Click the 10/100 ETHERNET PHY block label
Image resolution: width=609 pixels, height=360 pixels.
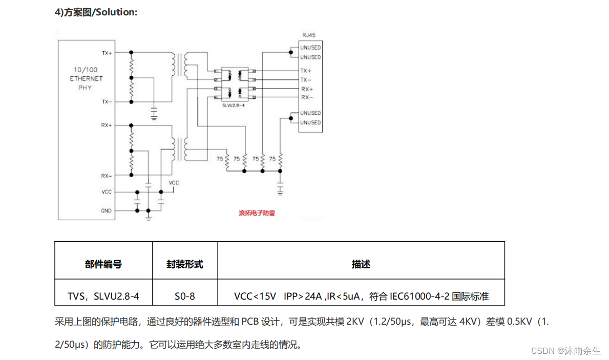(x=86, y=79)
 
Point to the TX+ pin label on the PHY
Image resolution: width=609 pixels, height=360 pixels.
(x=107, y=53)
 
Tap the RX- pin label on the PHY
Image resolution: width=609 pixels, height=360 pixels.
(x=107, y=176)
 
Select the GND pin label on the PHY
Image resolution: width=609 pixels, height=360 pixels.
(x=106, y=210)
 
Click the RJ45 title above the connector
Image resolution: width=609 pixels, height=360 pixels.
(x=309, y=35)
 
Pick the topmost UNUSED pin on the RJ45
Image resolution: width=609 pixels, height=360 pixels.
(x=310, y=48)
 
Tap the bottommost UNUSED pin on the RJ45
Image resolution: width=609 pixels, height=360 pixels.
(x=310, y=122)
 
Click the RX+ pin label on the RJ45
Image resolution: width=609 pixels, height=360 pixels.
(x=307, y=89)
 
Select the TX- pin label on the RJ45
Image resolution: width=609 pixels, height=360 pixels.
(x=306, y=79)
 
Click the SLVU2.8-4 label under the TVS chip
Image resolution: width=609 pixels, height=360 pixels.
(x=234, y=105)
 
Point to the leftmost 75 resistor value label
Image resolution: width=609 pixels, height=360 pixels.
(x=220, y=159)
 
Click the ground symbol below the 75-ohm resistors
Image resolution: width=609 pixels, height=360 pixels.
(x=280, y=190)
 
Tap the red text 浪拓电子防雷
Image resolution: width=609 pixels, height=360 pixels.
(x=257, y=213)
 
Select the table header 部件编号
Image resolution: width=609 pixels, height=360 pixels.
(x=103, y=264)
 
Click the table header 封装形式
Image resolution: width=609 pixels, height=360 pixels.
(x=185, y=264)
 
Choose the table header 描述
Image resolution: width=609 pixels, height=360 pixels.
(x=361, y=264)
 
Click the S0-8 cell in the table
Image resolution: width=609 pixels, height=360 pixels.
(x=185, y=296)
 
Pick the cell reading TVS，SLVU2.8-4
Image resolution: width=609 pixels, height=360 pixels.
(x=103, y=296)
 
